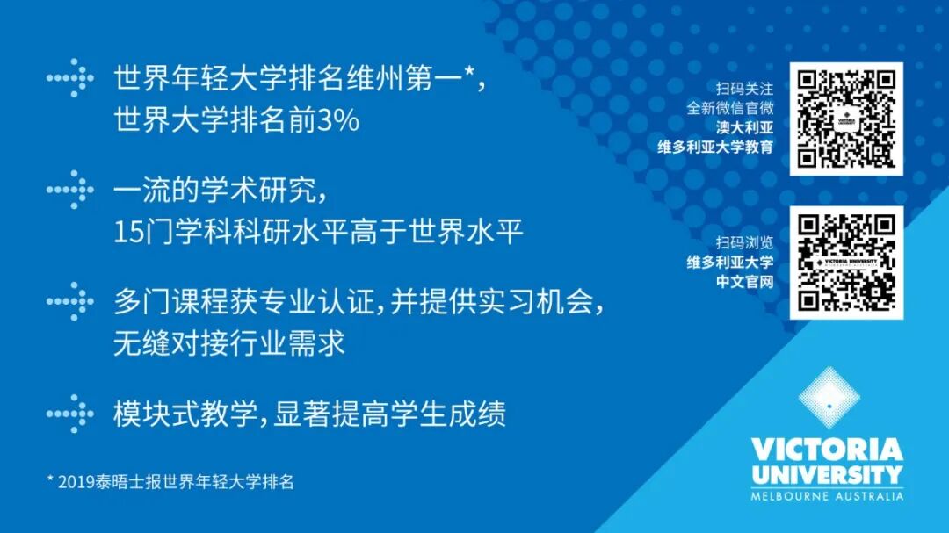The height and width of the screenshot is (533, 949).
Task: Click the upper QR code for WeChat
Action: point(846,119)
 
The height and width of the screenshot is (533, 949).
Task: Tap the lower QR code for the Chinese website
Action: point(846,263)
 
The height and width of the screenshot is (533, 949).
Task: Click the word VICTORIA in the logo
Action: point(827,450)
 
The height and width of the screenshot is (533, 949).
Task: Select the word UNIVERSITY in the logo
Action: point(827,475)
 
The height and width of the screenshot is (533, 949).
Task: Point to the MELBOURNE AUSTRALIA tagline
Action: point(827,497)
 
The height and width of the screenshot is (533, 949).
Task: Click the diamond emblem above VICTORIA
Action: point(829,397)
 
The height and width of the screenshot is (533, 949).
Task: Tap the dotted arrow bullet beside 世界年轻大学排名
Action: point(70,78)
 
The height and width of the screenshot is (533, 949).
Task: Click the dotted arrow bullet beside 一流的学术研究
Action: point(70,190)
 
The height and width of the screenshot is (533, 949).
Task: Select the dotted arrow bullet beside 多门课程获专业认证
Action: point(70,301)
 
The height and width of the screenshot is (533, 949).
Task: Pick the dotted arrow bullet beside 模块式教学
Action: point(70,414)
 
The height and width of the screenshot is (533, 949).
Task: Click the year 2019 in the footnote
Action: point(76,482)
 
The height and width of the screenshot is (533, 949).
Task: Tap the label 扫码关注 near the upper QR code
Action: point(744,89)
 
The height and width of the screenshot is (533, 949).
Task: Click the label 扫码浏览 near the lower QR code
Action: point(744,242)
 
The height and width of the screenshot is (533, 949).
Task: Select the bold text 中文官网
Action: point(744,281)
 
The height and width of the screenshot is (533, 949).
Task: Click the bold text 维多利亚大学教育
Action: point(715,147)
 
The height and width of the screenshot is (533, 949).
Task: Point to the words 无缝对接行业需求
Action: point(229,343)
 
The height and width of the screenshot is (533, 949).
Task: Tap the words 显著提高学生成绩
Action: point(390,414)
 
